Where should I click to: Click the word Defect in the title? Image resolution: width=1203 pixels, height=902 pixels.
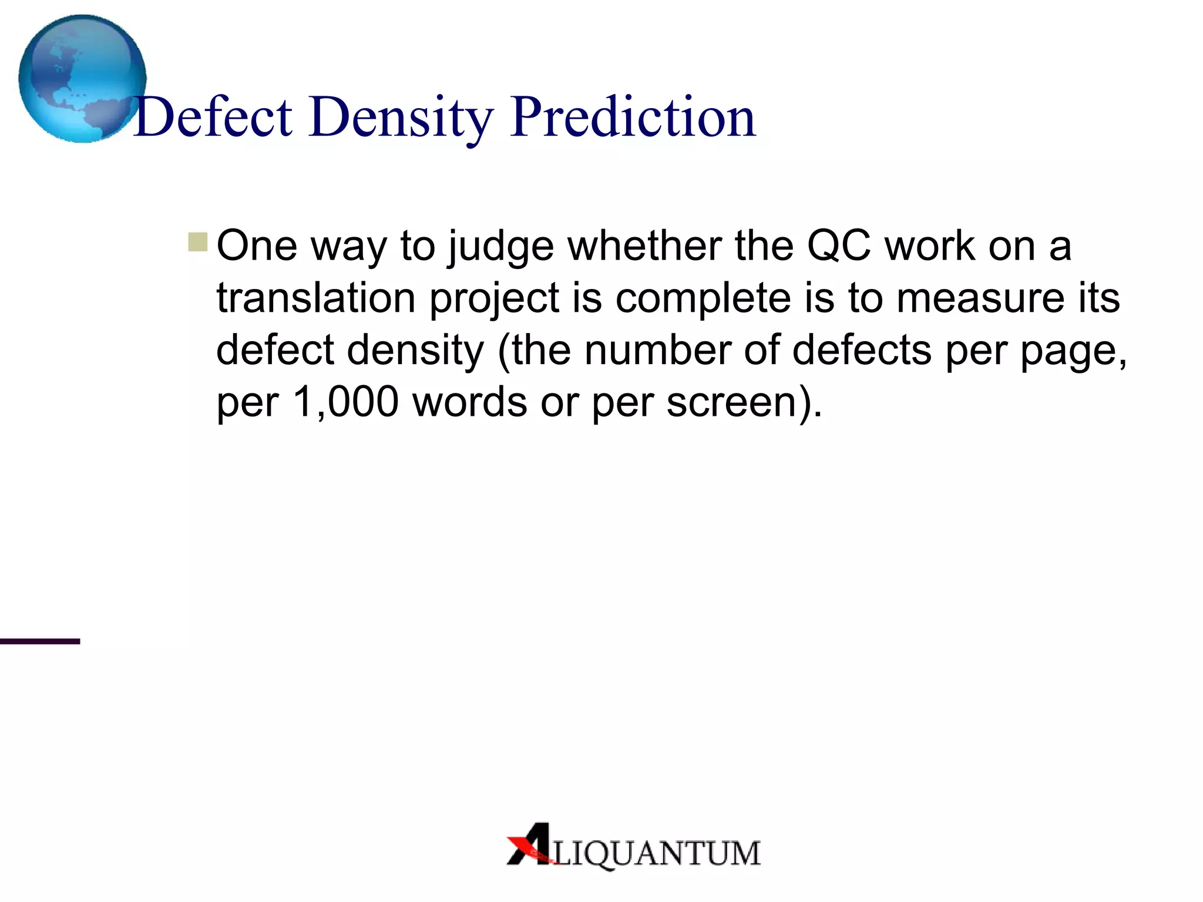point(213,117)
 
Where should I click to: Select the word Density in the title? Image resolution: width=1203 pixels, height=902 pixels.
point(401,117)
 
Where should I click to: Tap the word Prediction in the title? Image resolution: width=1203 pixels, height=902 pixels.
point(633,117)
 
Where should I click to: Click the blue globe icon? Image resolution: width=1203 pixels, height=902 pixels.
point(82,79)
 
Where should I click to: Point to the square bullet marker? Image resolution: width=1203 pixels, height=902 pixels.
point(198,242)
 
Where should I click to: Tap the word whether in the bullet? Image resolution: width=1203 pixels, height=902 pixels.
point(644,245)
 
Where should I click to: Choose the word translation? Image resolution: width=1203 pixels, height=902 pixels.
point(316,298)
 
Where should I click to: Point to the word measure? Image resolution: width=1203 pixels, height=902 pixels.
point(980,298)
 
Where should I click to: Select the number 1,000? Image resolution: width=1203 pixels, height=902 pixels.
point(345,402)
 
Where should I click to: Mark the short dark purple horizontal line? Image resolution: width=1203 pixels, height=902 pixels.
point(40,641)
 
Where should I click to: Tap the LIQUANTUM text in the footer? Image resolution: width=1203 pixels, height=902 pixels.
point(657,853)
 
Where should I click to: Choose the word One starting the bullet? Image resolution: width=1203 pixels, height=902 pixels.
point(257,245)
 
